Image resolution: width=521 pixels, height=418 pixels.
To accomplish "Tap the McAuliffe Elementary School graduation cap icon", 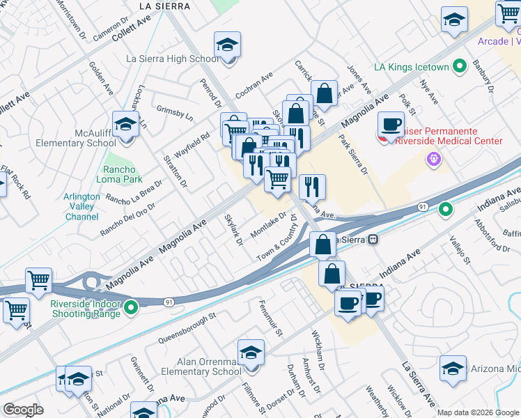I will tap(125, 125).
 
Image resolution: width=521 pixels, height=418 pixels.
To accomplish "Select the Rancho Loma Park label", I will tap(123, 173).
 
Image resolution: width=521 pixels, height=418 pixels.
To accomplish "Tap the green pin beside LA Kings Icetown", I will tap(459, 68).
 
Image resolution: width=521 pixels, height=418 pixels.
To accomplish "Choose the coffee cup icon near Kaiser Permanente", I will tap(391, 125).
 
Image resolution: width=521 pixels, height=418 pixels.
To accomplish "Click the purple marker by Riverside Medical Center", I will tap(434, 160).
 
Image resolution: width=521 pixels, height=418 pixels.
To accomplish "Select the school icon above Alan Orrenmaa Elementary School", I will tap(251, 354).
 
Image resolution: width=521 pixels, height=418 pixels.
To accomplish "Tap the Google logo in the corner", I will tap(23, 410).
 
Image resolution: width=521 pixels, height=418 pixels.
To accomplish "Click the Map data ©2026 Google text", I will tap(478, 412).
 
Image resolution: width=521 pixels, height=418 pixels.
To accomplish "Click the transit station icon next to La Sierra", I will tap(373, 240).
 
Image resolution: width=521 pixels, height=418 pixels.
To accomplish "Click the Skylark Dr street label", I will tap(233, 230).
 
